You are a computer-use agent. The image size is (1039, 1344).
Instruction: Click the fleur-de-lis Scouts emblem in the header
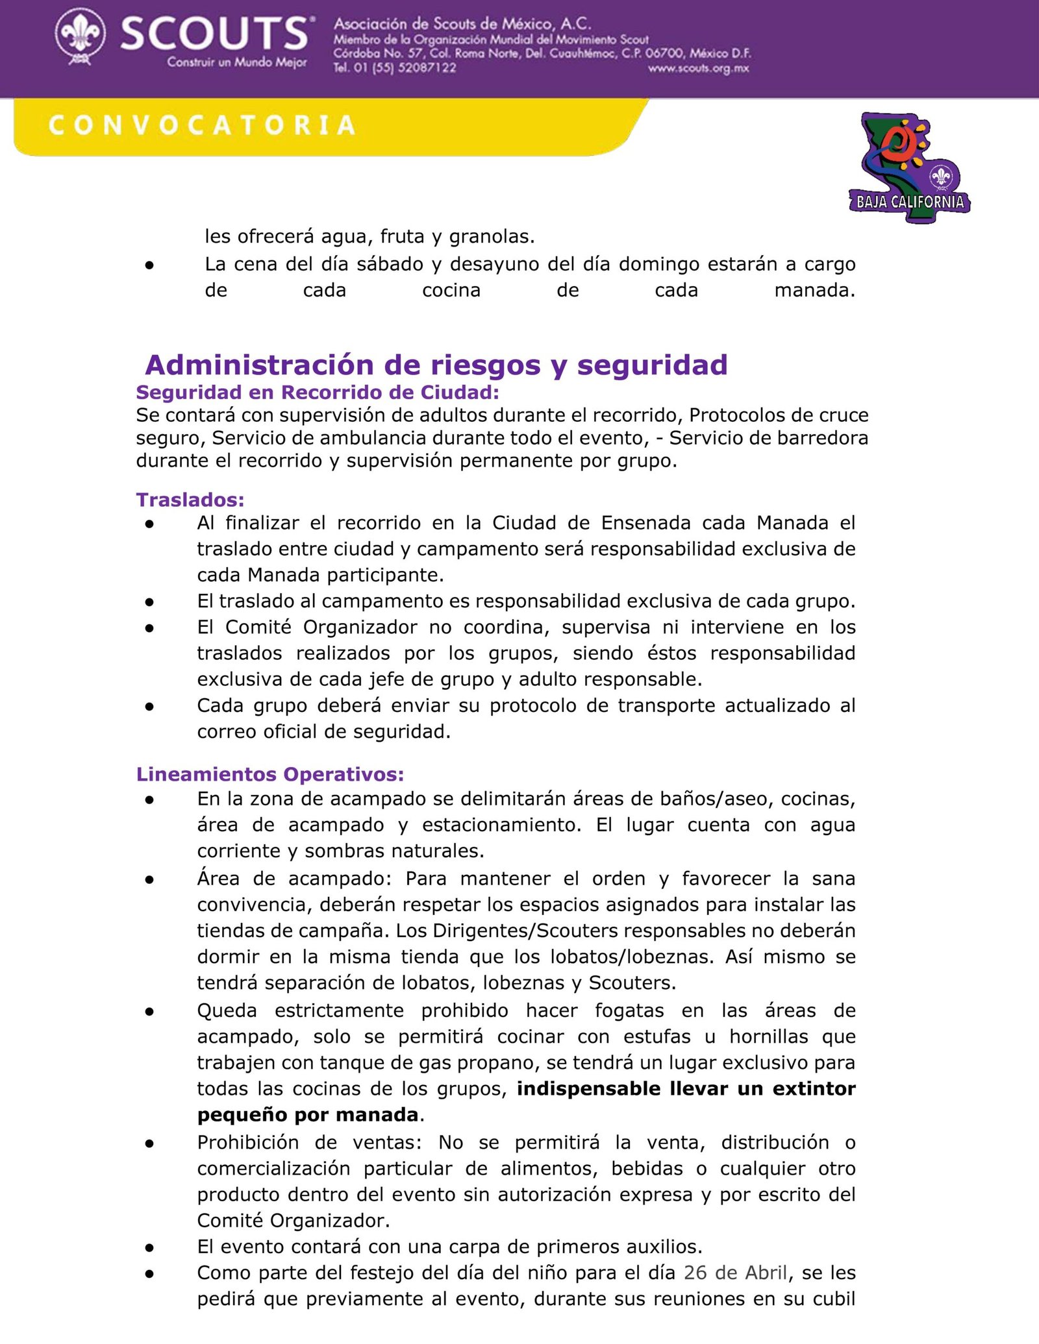pos(80,37)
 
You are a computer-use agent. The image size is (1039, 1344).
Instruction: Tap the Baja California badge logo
pos(909,169)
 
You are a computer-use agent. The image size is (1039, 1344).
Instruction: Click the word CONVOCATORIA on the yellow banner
pos(202,125)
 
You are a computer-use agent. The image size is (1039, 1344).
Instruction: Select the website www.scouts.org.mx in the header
pos(698,69)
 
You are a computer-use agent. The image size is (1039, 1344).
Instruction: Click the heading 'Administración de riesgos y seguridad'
pos(436,365)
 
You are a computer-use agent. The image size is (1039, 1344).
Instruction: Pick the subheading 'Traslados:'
pos(190,500)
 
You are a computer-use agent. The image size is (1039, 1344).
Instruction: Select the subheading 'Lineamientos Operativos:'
pos(270,774)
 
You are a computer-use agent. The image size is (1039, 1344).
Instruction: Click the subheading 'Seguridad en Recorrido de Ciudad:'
pos(318,393)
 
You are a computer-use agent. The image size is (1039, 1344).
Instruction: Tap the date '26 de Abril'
pos(736,1273)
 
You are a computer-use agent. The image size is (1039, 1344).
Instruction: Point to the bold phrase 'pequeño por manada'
pos(308,1114)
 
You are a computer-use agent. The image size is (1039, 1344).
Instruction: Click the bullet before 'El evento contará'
pos(149,1247)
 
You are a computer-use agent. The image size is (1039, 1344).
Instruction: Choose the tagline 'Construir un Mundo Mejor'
pos(237,63)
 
